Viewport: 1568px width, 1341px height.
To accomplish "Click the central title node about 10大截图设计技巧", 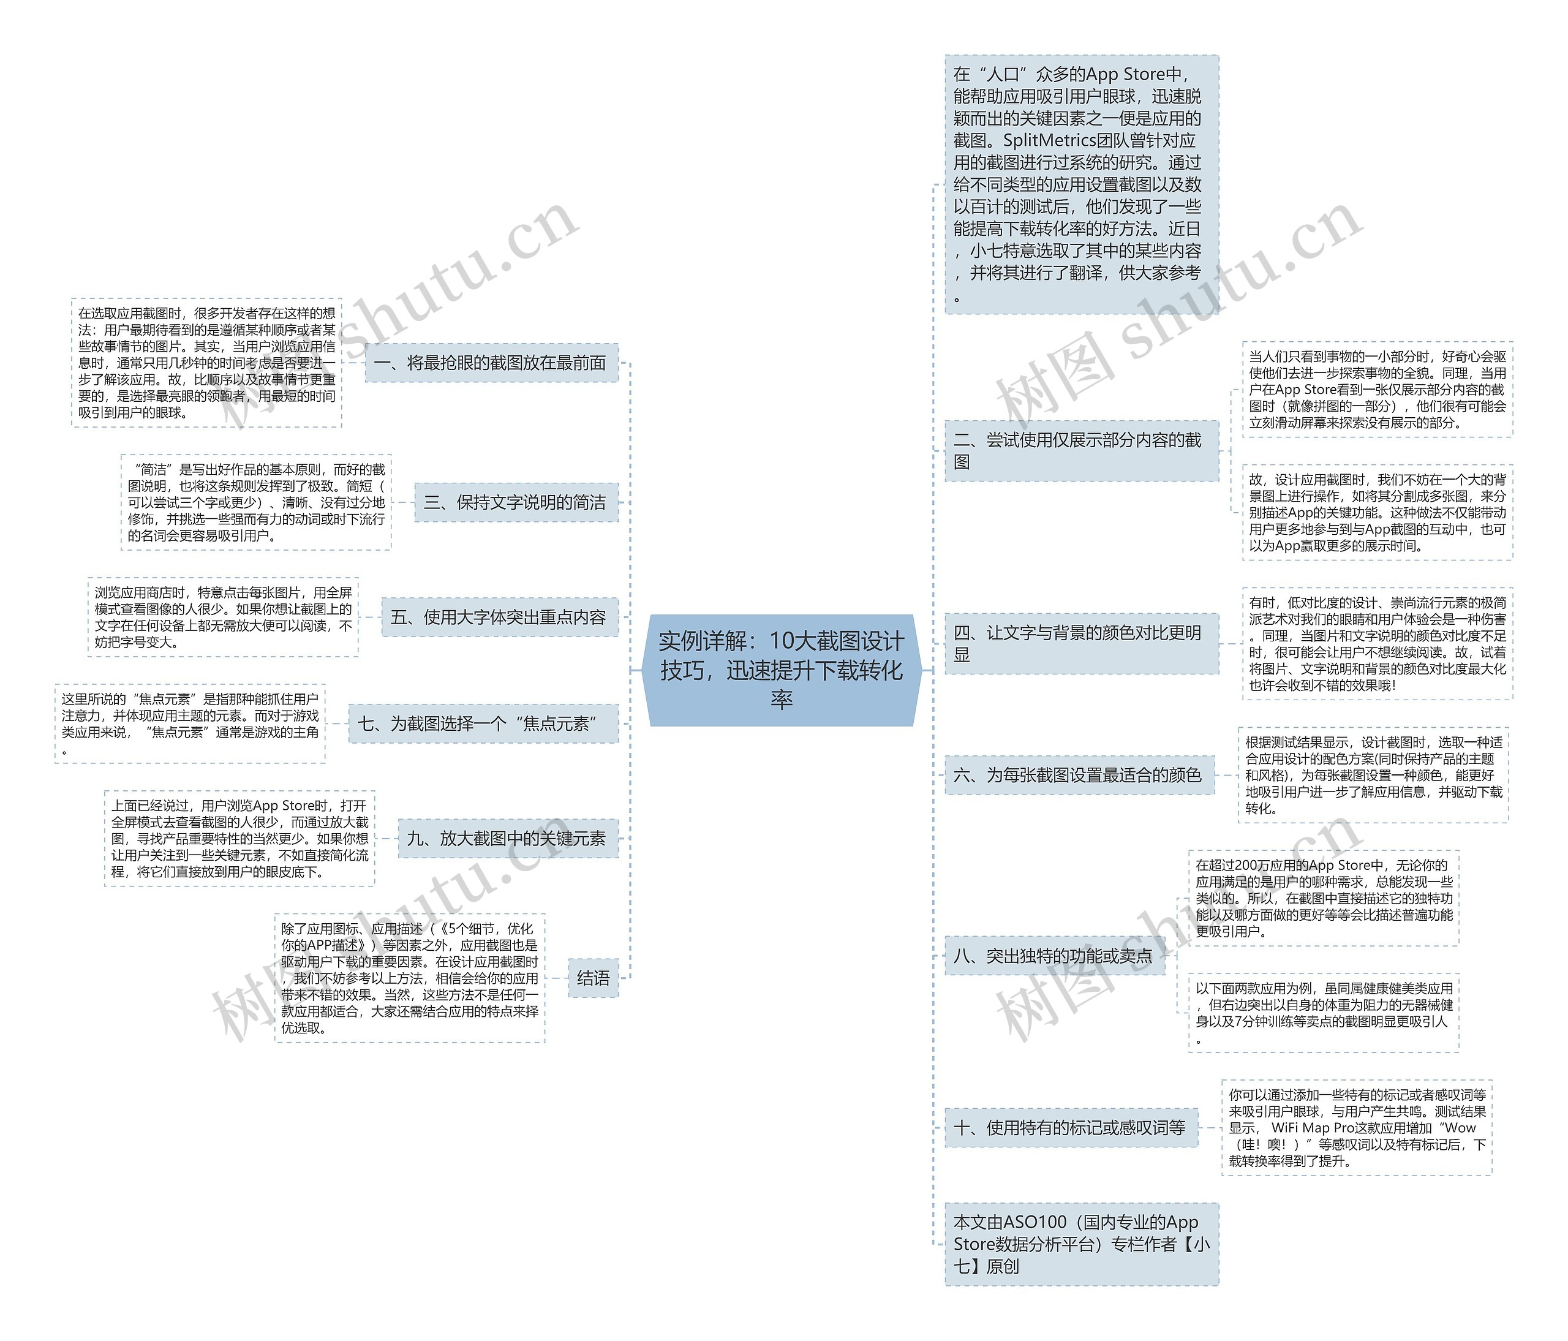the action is [x=781, y=670].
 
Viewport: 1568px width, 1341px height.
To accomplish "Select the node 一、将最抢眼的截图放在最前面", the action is [x=491, y=363].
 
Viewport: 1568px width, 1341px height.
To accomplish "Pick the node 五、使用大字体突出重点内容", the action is [x=499, y=618].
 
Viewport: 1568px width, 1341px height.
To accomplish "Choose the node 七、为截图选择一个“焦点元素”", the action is [x=482, y=724].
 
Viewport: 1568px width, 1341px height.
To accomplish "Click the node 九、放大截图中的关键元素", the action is [x=507, y=839].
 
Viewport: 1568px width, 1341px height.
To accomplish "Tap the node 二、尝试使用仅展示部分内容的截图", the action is [x=1080, y=451].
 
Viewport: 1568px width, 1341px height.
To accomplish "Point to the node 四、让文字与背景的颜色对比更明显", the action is [x=1080, y=644].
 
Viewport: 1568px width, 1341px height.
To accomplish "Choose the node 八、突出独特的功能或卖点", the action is [x=1054, y=956].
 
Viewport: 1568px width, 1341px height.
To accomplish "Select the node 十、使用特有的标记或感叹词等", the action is [x=1070, y=1128].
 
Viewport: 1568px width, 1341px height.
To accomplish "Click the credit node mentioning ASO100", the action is [x=1080, y=1244].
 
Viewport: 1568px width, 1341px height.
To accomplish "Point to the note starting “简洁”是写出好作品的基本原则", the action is [x=256, y=502].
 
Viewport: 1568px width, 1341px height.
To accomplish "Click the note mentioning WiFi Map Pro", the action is [x=1356, y=1128].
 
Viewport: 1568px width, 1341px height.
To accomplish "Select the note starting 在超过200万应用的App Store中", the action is [x=1323, y=898].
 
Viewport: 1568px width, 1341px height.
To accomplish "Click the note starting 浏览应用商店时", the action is [x=222, y=618].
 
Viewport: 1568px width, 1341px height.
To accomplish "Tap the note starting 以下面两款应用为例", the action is [x=1323, y=1013].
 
